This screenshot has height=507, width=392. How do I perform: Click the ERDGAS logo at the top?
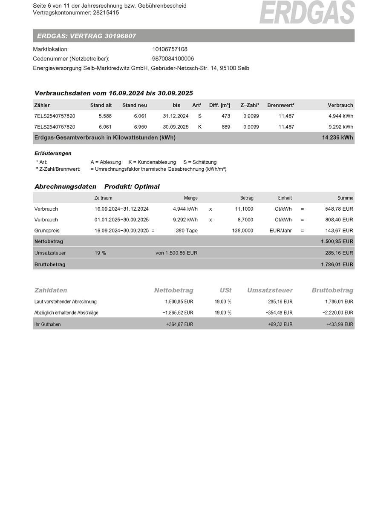[x=307, y=12]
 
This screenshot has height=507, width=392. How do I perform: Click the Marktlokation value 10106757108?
[x=170, y=49]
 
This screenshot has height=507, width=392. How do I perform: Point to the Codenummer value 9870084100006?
[x=173, y=59]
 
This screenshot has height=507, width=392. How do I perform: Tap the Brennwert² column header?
[x=281, y=105]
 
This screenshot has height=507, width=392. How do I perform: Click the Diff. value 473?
[x=226, y=116]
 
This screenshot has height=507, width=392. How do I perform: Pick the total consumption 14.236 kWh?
[x=337, y=137]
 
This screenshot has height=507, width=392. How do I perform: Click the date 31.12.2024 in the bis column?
[x=176, y=116]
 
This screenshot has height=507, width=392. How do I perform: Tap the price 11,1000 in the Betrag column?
[x=244, y=209]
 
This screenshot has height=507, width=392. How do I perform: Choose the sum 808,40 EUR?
[x=339, y=220]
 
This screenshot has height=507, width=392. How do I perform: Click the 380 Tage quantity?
[x=187, y=231]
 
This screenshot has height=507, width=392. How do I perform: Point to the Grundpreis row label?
[x=47, y=231]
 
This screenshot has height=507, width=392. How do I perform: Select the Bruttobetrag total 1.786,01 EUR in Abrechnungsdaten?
[x=337, y=264]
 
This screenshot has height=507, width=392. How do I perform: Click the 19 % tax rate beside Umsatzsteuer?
[x=100, y=253]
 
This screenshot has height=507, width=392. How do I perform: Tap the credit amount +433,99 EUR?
[x=340, y=324]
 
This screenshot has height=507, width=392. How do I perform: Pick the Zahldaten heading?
[x=51, y=290]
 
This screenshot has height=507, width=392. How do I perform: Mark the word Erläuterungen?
[x=53, y=153]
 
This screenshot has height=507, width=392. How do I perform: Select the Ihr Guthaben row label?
[x=47, y=324]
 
